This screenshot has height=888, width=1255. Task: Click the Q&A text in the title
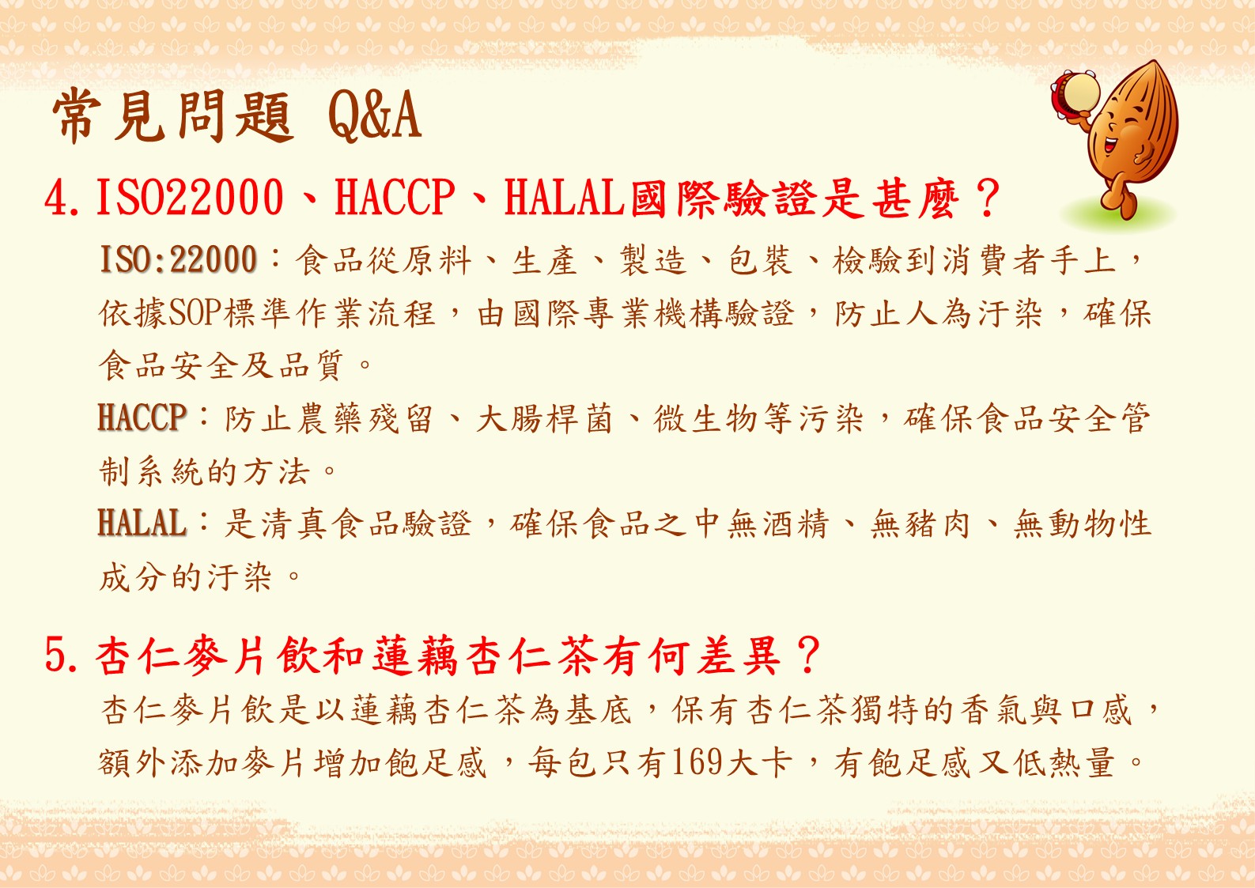375,116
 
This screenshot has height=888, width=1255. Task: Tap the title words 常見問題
172,116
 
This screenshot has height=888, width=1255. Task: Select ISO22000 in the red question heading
190,198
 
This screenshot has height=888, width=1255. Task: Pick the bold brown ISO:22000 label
178,259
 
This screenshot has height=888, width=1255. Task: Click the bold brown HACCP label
142,418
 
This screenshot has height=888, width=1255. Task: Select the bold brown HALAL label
142,523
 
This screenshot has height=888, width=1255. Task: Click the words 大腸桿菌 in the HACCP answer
545,418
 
